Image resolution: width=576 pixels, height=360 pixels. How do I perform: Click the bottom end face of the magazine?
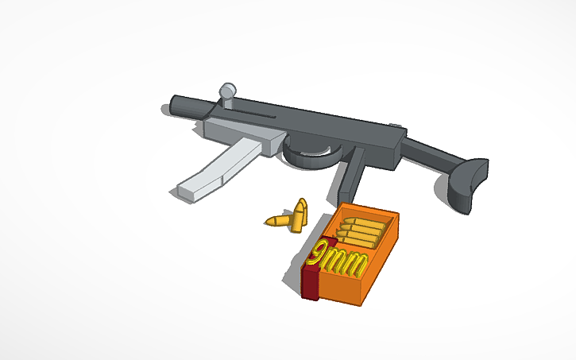[187, 191]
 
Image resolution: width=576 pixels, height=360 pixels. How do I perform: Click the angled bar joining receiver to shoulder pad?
[432, 155]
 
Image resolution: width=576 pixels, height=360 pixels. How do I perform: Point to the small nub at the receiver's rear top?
[396, 125]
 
